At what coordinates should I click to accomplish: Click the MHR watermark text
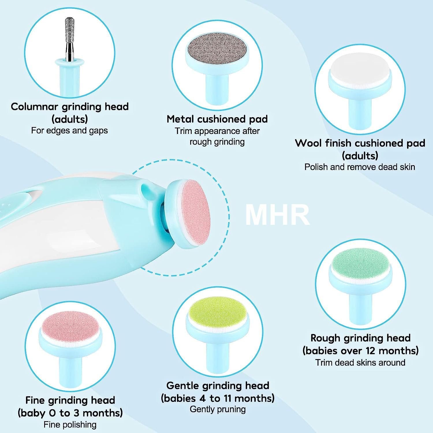[x=277, y=215]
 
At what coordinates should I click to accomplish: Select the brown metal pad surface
[x=218, y=49]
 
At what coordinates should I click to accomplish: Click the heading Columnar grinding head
[x=70, y=107]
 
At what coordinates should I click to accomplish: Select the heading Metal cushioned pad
[x=217, y=119]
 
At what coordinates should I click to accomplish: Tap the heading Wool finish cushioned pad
[x=360, y=143]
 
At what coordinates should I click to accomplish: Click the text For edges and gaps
[x=69, y=130]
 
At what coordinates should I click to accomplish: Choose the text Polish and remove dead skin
[x=360, y=167]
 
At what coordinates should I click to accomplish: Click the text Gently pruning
[x=218, y=409]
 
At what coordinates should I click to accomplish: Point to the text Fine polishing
[x=70, y=425]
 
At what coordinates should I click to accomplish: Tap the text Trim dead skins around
[x=360, y=362]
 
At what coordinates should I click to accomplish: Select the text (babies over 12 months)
[x=360, y=350]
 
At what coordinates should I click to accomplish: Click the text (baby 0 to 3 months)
[x=70, y=413]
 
